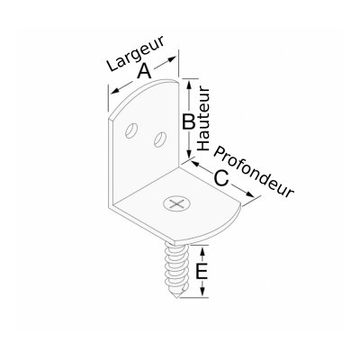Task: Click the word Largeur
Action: (136, 53)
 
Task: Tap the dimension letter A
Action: (144, 72)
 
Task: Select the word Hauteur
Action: (203, 119)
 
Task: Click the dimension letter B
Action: (189, 122)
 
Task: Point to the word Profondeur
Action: (254, 172)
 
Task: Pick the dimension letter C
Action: (221, 178)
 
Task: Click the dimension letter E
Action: (202, 272)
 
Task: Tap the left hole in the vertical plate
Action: (131, 130)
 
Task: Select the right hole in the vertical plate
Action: (160, 139)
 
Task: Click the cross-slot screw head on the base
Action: (176, 204)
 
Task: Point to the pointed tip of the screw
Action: (177, 298)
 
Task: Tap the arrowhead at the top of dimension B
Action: (189, 85)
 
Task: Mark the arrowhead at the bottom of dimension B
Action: (189, 154)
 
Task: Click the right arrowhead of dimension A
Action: (171, 59)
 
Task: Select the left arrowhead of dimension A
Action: (114, 91)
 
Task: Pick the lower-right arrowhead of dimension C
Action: (249, 194)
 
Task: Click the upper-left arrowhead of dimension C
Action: (195, 164)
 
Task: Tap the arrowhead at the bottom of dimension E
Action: (202, 292)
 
